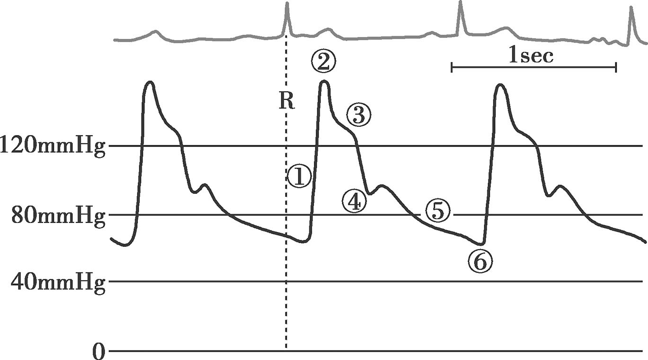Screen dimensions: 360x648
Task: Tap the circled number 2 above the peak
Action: coord(323,61)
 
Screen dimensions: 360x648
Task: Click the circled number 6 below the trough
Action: coord(480,261)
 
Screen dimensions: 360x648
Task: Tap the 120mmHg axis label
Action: coord(53,146)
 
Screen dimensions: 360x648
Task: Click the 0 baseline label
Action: coord(98,351)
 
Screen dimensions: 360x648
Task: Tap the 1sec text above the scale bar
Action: coord(531,56)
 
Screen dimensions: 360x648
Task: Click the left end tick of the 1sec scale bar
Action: coord(452,68)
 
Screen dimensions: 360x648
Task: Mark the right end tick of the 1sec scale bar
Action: coord(616,68)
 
